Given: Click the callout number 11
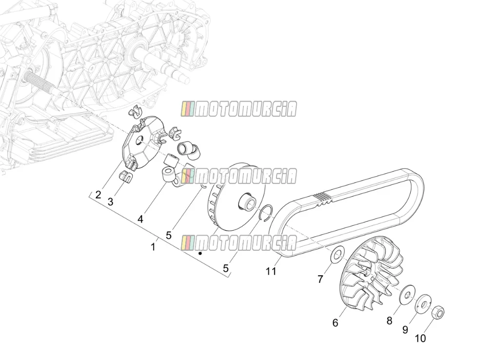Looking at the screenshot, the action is click(x=271, y=271).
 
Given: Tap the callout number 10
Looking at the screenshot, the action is click(x=420, y=339).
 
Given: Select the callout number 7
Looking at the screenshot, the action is click(x=320, y=279).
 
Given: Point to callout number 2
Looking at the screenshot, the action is click(x=98, y=195).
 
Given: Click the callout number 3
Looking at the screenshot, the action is click(x=110, y=201).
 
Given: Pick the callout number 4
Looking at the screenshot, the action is click(x=140, y=219).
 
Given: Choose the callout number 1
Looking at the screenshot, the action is click(x=153, y=247).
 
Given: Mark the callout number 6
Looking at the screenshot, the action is click(x=335, y=323).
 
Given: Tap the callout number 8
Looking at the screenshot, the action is click(x=389, y=320).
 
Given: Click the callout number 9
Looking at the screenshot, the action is click(x=405, y=330).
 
